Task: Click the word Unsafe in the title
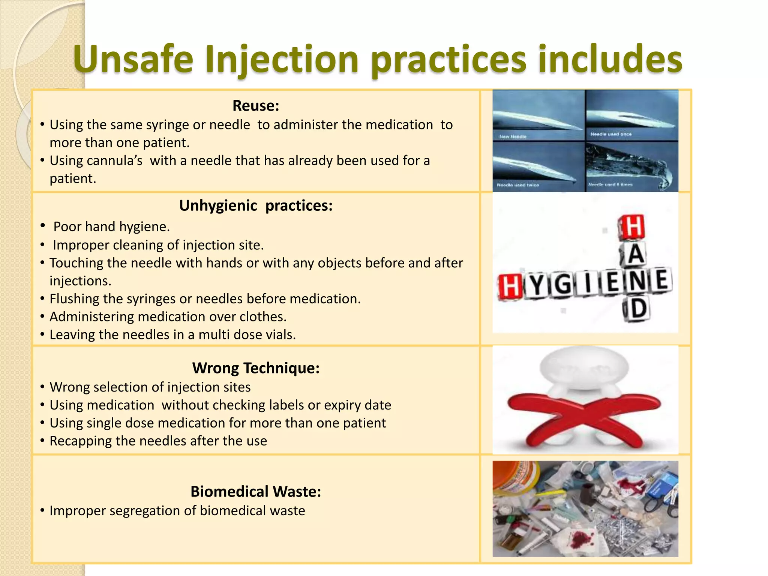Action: click(133, 59)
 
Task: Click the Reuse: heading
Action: click(256, 106)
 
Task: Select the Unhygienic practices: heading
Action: click(256, 205)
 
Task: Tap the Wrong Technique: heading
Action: click(256, 368)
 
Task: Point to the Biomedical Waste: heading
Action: click(256, 492)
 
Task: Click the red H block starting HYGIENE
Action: click(510, 286)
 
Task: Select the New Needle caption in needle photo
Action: click(513, 137)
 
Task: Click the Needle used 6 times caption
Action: click(610, 184)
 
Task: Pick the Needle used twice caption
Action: click(518, 185)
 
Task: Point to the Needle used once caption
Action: click(611, 134)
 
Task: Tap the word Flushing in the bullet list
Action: click(74, 299)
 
